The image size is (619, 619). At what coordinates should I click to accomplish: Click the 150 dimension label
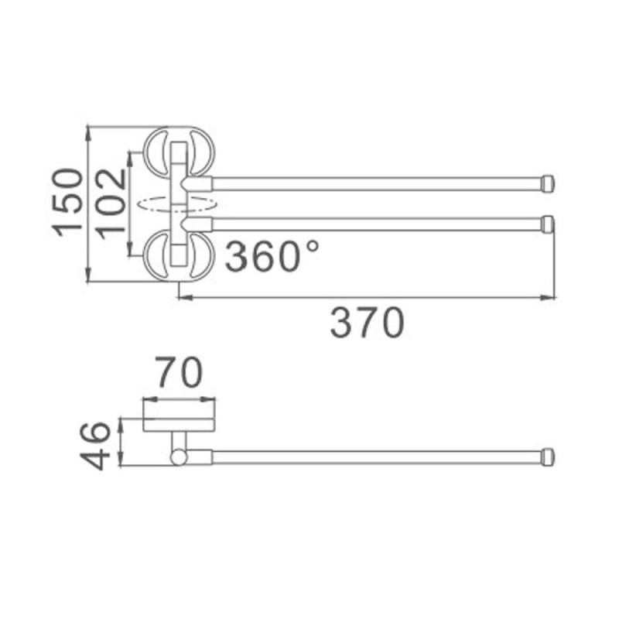(67, 203)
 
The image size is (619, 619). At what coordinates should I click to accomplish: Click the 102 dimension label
(111, 204)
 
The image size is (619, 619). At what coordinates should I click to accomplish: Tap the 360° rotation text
(272, 256)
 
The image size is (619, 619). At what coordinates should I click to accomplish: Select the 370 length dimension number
(368, 323)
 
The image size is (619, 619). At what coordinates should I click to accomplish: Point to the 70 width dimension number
(179, 372)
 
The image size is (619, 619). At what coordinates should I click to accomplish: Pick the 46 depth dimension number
(94, 446)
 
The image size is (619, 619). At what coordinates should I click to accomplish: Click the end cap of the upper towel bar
(549, 183)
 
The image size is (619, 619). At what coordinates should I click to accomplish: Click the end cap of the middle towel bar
(549, 224)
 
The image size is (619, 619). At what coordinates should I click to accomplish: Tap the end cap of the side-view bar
(549, 457)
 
